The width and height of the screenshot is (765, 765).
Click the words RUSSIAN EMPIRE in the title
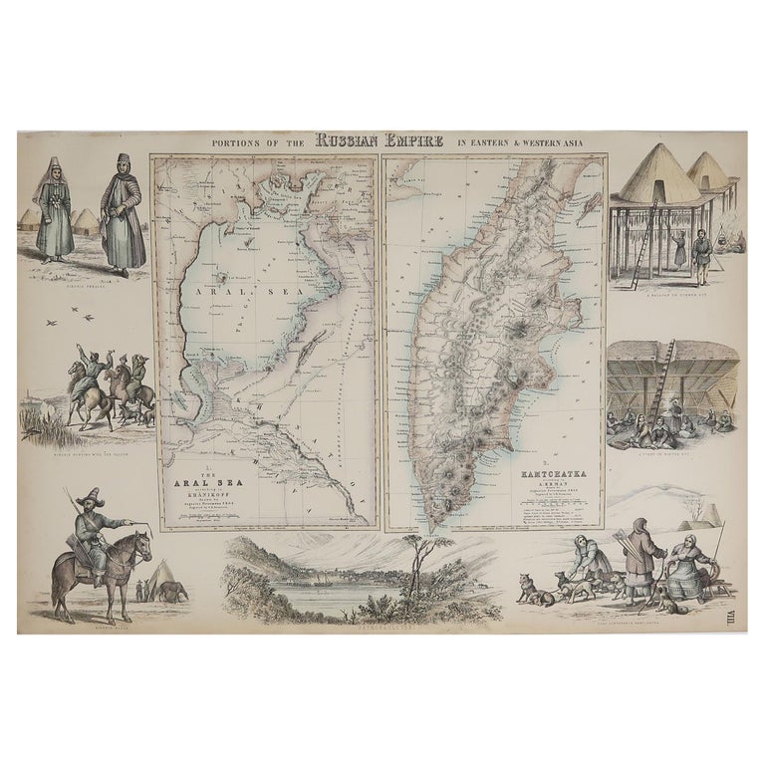[382, 140]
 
